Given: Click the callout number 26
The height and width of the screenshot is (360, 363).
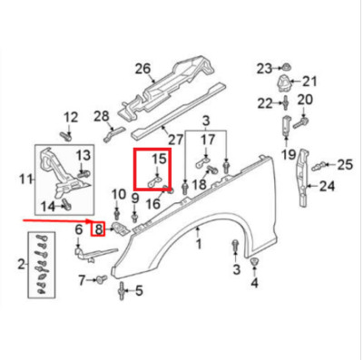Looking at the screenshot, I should [x=142, y=68].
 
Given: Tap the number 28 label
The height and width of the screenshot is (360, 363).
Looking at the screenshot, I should [x=102, y=115].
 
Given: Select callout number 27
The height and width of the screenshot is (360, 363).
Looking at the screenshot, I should [x=176, y=140].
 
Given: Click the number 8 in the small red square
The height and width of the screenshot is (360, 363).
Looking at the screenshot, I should [x=97, y=229].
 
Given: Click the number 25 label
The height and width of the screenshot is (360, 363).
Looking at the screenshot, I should [x=344, y=164].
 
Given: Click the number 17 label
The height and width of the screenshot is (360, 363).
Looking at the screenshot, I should [x=209, y=141].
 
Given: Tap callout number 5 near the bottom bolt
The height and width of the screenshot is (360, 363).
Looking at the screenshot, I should [x=139, y=291].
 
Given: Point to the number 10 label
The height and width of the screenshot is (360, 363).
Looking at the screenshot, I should [x=118, y=194].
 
